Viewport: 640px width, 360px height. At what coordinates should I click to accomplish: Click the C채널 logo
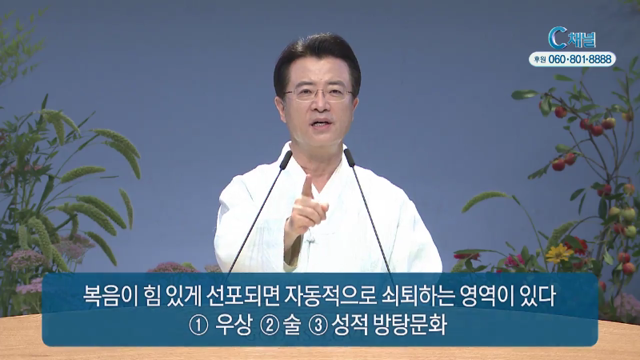click(x=572, y=38)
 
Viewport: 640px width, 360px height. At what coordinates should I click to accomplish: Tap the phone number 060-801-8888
click(x=580, y=59)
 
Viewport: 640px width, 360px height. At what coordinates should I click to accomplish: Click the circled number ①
click(x=199, y=326)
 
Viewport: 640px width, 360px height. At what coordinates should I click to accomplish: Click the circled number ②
click(x=270, y=326)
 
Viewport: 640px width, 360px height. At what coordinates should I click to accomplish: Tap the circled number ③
click(x=318, y=326)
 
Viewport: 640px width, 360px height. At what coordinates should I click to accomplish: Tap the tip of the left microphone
click(x=288, y=154)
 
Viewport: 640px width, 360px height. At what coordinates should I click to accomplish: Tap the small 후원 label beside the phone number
click(x=539, y=60)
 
